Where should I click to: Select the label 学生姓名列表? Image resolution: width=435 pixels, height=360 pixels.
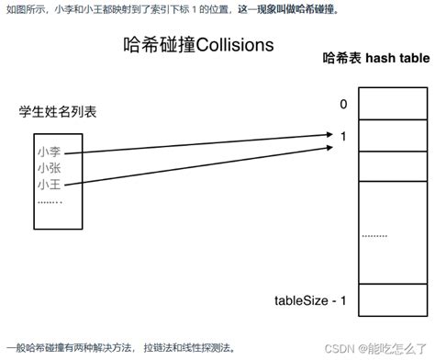tap(58, 113)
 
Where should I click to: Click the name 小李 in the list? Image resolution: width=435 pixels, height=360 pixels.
tap(50, 152)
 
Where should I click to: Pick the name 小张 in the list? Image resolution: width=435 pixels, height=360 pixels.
tap(50, 168)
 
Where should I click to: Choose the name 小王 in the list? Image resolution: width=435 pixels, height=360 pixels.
tap(50, 185)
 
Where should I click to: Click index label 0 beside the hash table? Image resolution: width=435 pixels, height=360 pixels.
tap(343, 105)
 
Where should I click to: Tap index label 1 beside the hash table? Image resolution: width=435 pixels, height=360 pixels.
tap(343, 136)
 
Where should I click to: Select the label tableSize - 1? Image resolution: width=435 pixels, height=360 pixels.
tap(310, 300)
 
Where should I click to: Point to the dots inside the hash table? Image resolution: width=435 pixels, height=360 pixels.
tap(374, 235)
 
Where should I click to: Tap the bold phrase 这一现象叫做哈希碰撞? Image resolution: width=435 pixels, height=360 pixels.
tap(287, 9)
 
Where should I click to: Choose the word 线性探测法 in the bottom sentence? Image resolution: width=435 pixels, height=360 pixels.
tap(206, 348)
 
